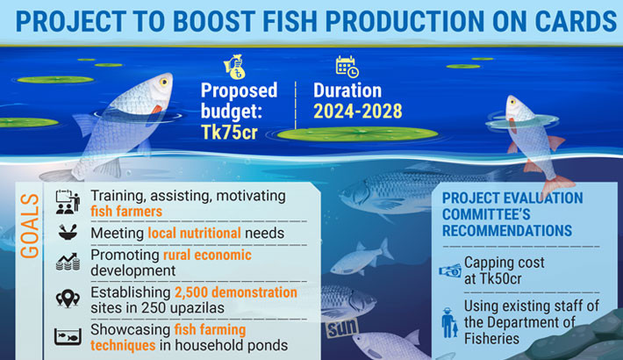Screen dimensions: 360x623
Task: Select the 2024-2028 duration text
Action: [x=357, y=111]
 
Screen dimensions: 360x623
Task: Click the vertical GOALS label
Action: [x=30, y=227]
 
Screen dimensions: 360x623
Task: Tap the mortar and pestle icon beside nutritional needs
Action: [x=66, y=233]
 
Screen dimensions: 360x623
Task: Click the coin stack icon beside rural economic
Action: [x=67, y=261]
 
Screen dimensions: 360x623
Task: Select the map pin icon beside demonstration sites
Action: [x=67, y=299]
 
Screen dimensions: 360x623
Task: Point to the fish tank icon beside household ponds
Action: [x=67, y=337]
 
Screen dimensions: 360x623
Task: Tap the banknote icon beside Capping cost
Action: [x=450, y=270]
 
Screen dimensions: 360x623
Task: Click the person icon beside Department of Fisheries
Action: [x=449, y=322]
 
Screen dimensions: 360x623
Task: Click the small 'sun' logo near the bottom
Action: [x=339, y=331]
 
